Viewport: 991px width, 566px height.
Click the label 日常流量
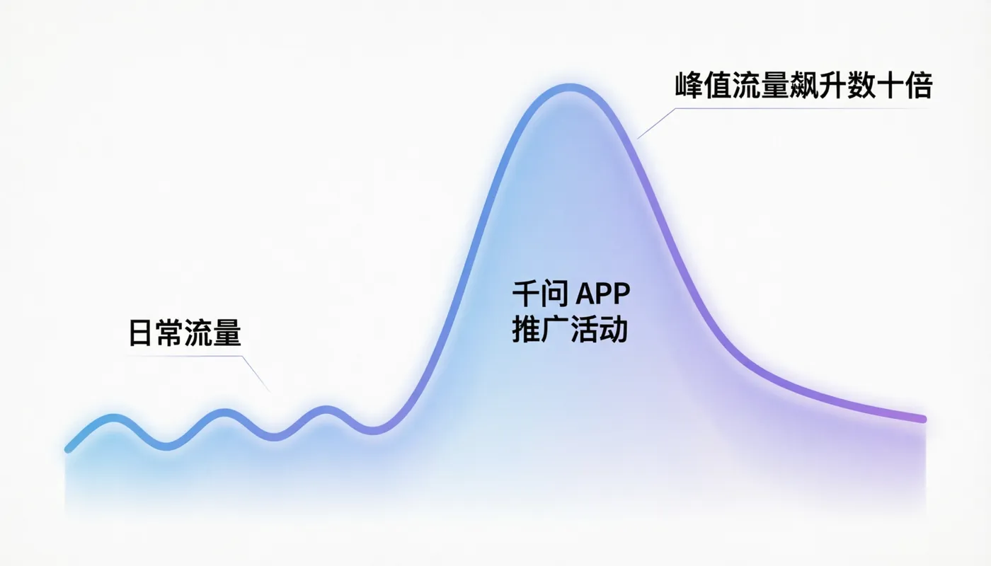[185, 333]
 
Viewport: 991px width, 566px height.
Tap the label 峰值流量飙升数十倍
[804, 86]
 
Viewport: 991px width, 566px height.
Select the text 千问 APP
[571, 293]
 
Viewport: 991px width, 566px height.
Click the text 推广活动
[570, 329]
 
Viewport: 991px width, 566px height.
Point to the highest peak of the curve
[570, 88]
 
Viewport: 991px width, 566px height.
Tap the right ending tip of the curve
[923, 419]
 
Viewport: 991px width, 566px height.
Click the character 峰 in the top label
[689, 86]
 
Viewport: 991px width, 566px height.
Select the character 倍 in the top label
[919, 86]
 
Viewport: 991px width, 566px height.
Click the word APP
[602, 294]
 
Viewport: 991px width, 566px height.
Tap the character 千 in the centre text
[525, 293]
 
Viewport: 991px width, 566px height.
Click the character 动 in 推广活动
[614, 329]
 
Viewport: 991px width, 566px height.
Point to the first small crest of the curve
[113, 418]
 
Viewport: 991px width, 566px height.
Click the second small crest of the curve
[224, 413]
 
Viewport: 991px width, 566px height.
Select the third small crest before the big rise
[326, 410]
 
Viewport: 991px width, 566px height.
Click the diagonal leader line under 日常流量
[256, 374]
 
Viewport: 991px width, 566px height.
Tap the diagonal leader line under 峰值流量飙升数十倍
[656, 123]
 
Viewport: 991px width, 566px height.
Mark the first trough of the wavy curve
[167, 446]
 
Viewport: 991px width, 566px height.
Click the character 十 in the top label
[890, 86]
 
